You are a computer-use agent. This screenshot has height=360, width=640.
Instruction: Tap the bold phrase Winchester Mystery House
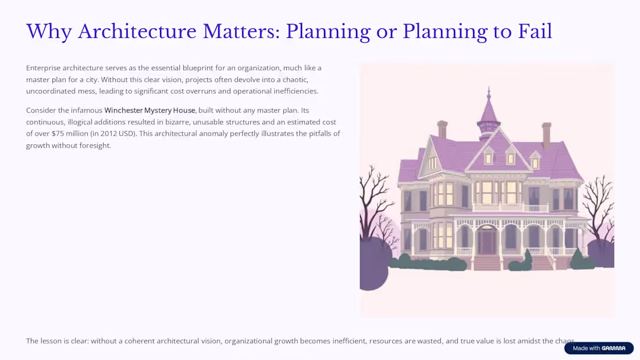[x=150, y=110]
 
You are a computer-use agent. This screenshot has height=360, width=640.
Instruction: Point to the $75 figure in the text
[x=59, y=133]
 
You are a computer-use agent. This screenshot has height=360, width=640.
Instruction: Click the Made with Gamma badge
[x=599, y=348]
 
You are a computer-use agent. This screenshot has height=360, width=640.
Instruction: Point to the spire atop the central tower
[x=489, y=96]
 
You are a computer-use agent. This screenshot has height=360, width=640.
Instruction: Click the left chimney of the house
[x=442, y=130]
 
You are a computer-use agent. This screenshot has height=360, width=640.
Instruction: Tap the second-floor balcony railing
[x=511, y=208]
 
